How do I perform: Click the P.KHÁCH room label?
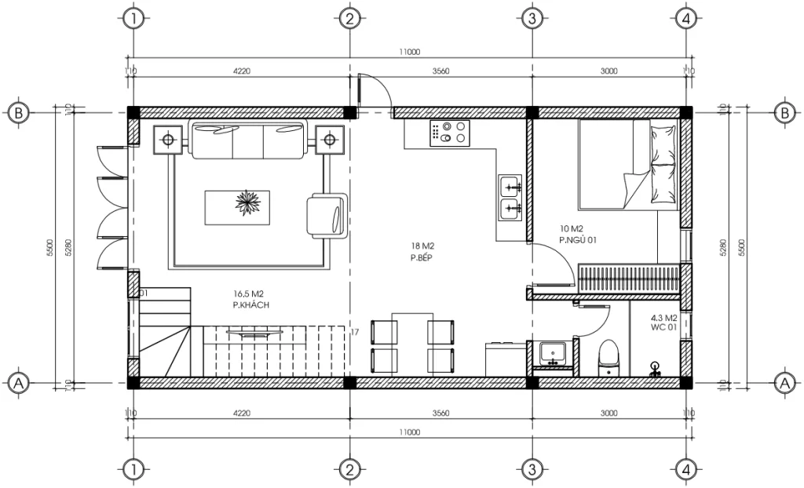coord(250,304)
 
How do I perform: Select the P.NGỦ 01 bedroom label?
coord(578,239)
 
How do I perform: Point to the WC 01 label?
coord(663,328)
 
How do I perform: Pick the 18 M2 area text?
coord(421,246)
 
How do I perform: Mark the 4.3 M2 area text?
coord(664,319)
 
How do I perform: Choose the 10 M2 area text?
coord(572,229)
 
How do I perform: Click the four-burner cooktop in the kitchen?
coord(449,133)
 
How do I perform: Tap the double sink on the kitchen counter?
coord(510,197)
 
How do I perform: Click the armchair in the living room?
coord(327,216)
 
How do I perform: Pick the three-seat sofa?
coord(248,140)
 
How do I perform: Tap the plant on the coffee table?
coord(247,203)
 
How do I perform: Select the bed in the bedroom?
coord(628,165)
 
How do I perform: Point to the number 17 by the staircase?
coord(355,333)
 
